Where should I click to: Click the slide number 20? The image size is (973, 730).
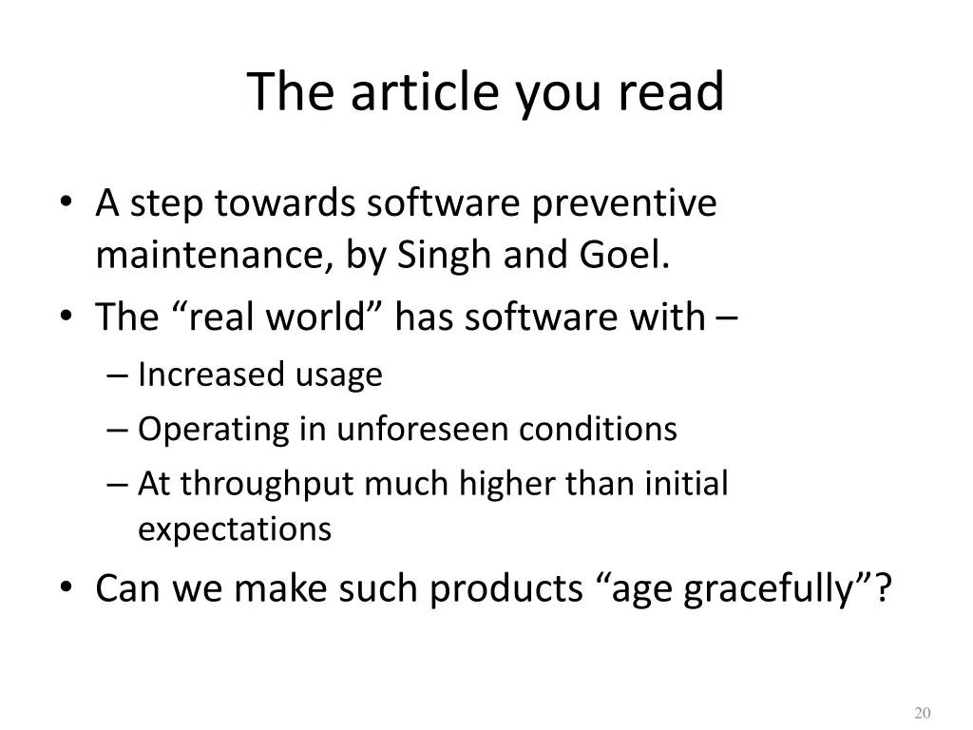[921, 714]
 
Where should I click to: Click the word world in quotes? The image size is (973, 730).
[317, 317]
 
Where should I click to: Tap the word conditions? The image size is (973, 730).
[598, 430]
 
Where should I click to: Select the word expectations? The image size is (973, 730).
[235, 529]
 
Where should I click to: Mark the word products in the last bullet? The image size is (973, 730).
[506, 589]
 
